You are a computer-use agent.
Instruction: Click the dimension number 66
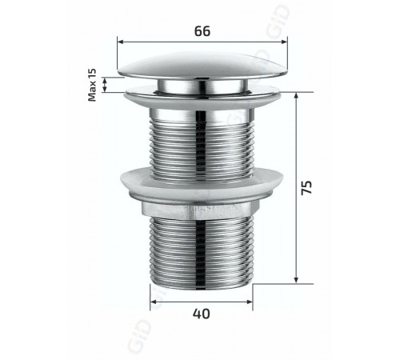202,31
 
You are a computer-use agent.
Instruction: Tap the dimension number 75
306,188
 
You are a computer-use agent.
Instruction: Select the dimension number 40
202,314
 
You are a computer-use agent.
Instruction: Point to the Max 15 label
92,85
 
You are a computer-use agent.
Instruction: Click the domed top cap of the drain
202,66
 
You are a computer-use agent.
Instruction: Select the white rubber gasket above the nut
202,185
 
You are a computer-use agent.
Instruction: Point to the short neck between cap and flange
202,86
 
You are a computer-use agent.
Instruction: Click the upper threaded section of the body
202,150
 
